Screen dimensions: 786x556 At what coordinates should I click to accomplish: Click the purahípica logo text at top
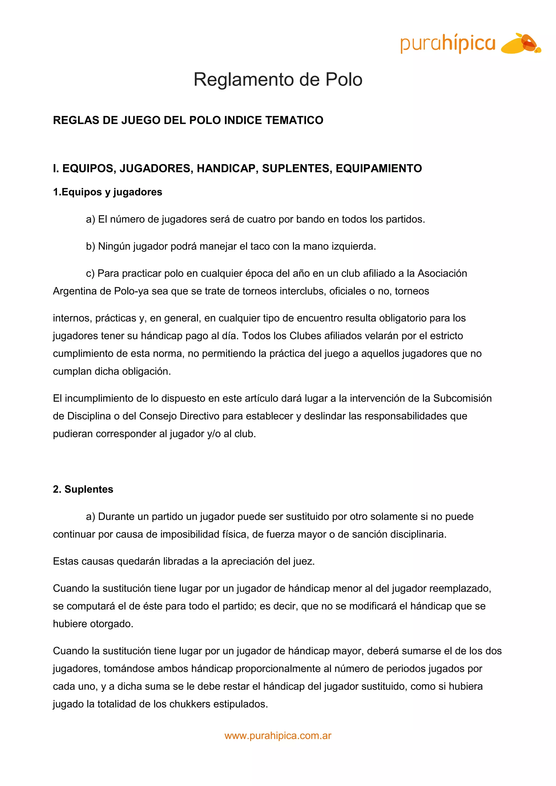pyautogui.click(x=447, y=43)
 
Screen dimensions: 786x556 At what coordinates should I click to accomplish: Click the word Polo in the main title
pyautogui.click(x=343, y=80)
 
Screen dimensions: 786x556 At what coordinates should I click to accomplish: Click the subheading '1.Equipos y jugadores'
pyautogui.click(x=108, y=192)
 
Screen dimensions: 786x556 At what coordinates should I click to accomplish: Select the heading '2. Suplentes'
pyautogui.click(x=83, y=490)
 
